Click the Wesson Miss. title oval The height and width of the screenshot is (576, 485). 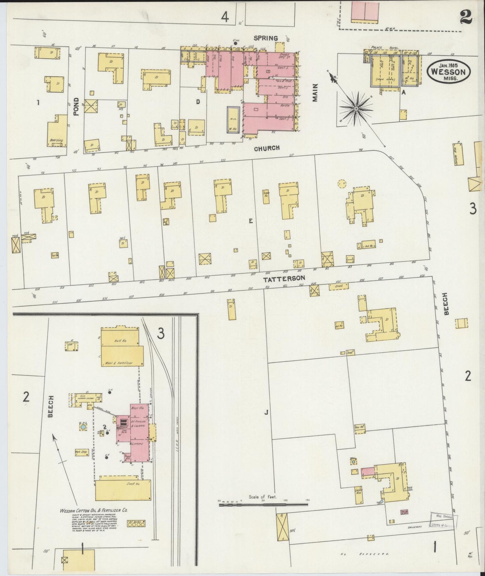pyautogui.click(x=448, y=71)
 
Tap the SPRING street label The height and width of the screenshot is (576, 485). pyautogui.click(x=266, y=38)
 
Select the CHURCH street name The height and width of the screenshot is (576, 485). pyautogui.click(x=267, y=148)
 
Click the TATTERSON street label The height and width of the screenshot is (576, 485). pyautogui.click(x=284, y=278)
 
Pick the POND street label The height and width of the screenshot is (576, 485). pyautogui.click(x=76, y=107)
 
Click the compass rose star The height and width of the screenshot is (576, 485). pyautogui.click(x=356, y=109)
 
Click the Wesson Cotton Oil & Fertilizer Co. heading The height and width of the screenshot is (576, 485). pyautogui.click(x=93, y=519)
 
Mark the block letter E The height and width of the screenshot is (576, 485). pyautogui.click(x=250, y=221)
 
